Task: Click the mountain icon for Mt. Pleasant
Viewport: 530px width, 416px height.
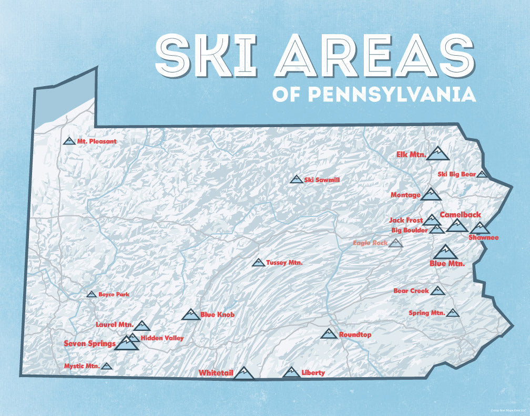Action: point(69,141)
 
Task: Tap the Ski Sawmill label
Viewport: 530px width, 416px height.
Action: point(322,180)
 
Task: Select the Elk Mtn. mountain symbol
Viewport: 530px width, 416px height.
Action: point(437,153)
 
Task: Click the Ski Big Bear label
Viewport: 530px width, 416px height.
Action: point(456,174)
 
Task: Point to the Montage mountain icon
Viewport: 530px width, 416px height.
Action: point(431,195)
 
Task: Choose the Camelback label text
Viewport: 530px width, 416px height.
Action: point(460,214)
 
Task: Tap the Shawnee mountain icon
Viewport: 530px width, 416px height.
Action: point(480,228)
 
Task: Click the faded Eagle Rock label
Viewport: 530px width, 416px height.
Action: point(370,243)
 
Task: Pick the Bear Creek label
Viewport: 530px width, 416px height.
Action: point(411,290)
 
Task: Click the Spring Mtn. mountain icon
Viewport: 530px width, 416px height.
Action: point(453,313)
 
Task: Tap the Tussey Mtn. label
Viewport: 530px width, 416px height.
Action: point(284,262)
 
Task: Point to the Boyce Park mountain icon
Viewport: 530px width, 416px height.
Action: point(91,295)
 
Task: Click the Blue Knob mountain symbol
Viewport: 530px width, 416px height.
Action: point(190,315)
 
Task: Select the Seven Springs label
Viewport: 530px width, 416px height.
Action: point(89,344)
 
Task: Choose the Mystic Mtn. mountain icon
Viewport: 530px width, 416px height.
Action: point(107,366)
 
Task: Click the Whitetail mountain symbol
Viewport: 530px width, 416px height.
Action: point(243,373)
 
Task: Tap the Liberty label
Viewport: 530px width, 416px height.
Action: point(313,373)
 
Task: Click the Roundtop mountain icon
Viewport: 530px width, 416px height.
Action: point(329,334)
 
